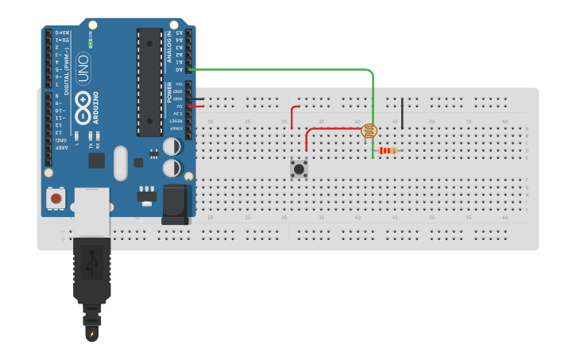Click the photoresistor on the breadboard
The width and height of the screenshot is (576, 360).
369,130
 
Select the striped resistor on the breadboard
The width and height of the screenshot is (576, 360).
388,150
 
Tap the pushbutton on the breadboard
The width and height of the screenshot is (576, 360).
299,168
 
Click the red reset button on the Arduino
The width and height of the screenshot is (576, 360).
56,197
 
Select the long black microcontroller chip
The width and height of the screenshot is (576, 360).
149,81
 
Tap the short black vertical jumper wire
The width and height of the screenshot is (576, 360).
402,113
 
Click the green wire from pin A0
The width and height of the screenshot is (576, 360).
318,69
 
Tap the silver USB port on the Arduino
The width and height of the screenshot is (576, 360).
92,210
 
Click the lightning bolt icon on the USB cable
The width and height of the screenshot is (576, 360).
92,334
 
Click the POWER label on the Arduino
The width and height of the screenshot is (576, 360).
168,92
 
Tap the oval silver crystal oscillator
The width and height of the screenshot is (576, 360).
120,162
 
